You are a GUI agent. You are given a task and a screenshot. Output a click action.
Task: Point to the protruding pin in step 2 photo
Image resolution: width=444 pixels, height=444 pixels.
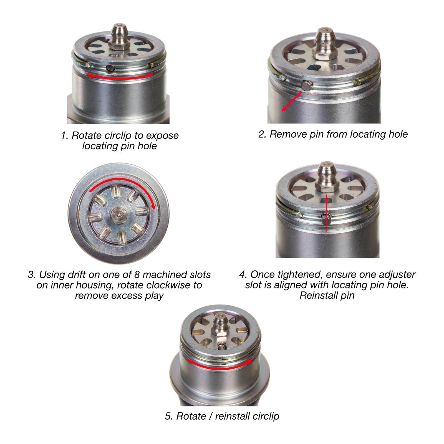tap(306, 85)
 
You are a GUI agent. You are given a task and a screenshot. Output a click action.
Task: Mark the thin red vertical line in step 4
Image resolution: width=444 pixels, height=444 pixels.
tap(327, 214)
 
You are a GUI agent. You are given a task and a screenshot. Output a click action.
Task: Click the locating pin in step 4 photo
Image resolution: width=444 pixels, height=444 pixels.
tap(326, 219)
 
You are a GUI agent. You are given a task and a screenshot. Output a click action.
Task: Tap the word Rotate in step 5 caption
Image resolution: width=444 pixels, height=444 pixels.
tap(191, 416)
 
